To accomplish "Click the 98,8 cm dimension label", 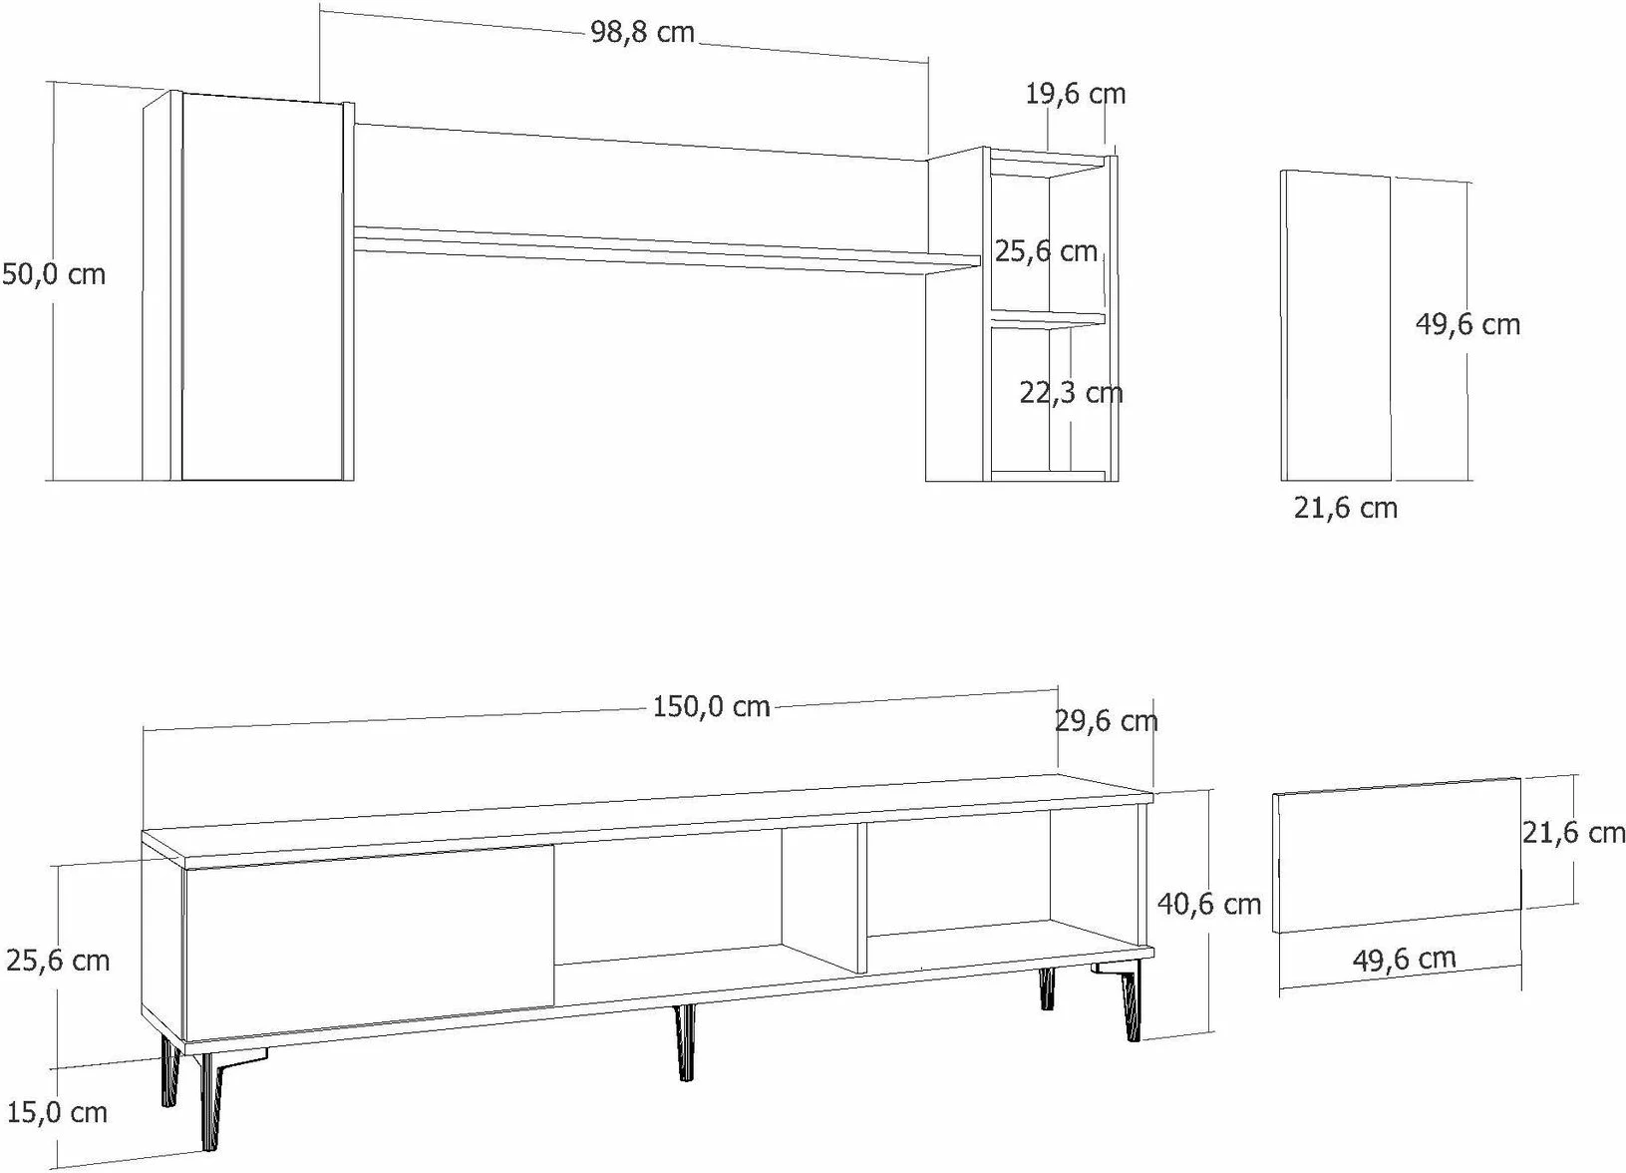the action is coord(642,32).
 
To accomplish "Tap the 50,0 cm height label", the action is coord(54,274).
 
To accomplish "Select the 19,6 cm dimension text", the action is coord(1075,94).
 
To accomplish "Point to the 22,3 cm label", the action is coord(1072,393).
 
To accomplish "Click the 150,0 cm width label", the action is coord(712,707).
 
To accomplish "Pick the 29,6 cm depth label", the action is coord(1107,721).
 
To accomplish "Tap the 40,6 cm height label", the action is coord(1209,905).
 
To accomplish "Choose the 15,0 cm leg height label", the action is coord(57,1113).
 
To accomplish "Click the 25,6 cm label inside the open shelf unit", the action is coord(1046,251).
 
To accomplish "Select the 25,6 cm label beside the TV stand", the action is coord(58,961).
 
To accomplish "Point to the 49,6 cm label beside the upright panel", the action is coord(1467,324).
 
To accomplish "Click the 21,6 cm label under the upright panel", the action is coord(1346,509).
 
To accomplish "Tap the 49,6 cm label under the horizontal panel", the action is coord(1404,959).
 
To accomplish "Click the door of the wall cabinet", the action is coord(262,287).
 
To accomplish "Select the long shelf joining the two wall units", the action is coord(666,251).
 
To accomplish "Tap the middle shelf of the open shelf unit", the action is coord(1048,319).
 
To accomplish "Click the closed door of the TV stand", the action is coord(370,943).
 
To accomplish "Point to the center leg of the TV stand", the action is coord(685,1041).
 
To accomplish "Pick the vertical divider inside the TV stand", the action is coord(862,898).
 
